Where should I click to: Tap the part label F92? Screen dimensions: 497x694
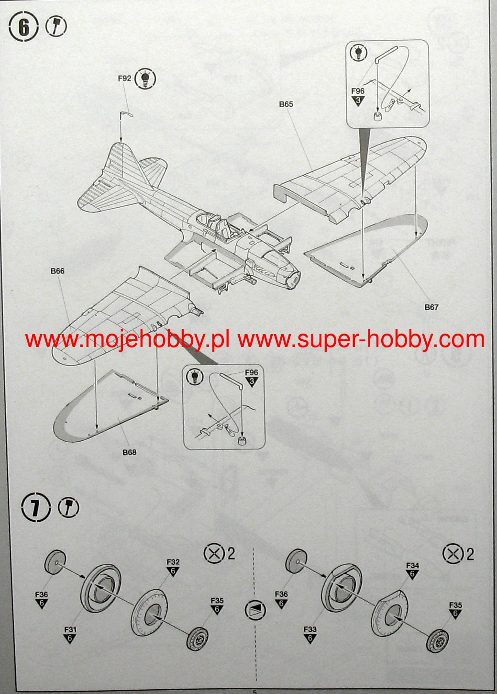pyautogui.click(x=124, y=78)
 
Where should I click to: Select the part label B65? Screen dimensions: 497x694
pyautogui.click(x=286, y=104)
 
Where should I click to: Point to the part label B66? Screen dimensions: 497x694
pyautogui.click(x=57, y=271)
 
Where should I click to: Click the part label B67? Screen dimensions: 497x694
pyautogui.click(x=431, y=307)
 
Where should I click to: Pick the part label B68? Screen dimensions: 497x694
pyautogui.click(x=129, y=452)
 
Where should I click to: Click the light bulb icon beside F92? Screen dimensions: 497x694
pyautogui.click(x=145, y=78)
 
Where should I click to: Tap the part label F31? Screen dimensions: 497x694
pyautogui.click(x=70, y=630)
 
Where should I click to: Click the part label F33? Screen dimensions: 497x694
pyautogui.click(x=310, y=630)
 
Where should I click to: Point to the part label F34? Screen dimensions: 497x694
pyautogui.click(x=412, y=566)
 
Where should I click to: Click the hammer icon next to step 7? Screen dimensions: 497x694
pyautogui.click(x=69, y=507)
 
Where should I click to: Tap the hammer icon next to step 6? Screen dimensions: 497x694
pyautogui.click(x=56, y=26)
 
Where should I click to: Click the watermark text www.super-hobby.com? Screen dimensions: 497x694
pyautogui.click(x=361, y=339)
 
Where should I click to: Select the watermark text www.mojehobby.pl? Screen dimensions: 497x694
pyautogui.click(x=127, y=339)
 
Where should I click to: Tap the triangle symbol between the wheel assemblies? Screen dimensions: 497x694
pyautogui.click(x=254, y=609)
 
